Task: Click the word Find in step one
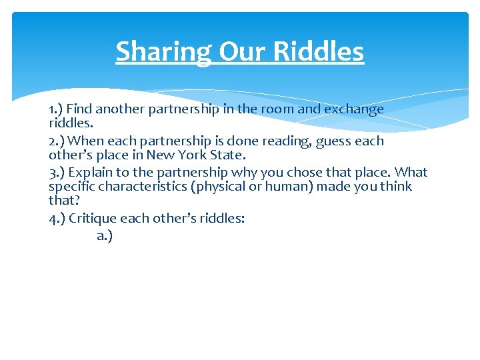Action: (x=79, y=109)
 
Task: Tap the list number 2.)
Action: (x=57, y=141)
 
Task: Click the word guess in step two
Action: (x=334, y=141)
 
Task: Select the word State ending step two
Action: (x=221, y=155)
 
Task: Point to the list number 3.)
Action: (x=57, y=172)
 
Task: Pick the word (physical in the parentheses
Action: (x=218, y=187)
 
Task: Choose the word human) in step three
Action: (x=287, y=187)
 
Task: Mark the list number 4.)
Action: (x=57, y=218)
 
